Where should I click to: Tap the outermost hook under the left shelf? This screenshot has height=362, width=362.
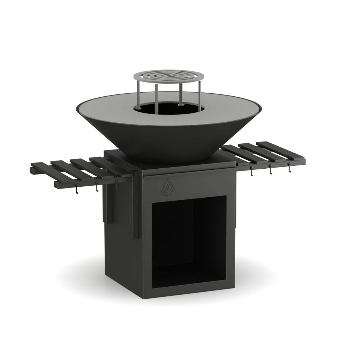[x=76, y=189]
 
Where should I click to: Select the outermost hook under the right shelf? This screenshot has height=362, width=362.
[x=289, y=167]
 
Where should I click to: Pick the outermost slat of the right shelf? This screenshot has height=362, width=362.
[x=279, y=147]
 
